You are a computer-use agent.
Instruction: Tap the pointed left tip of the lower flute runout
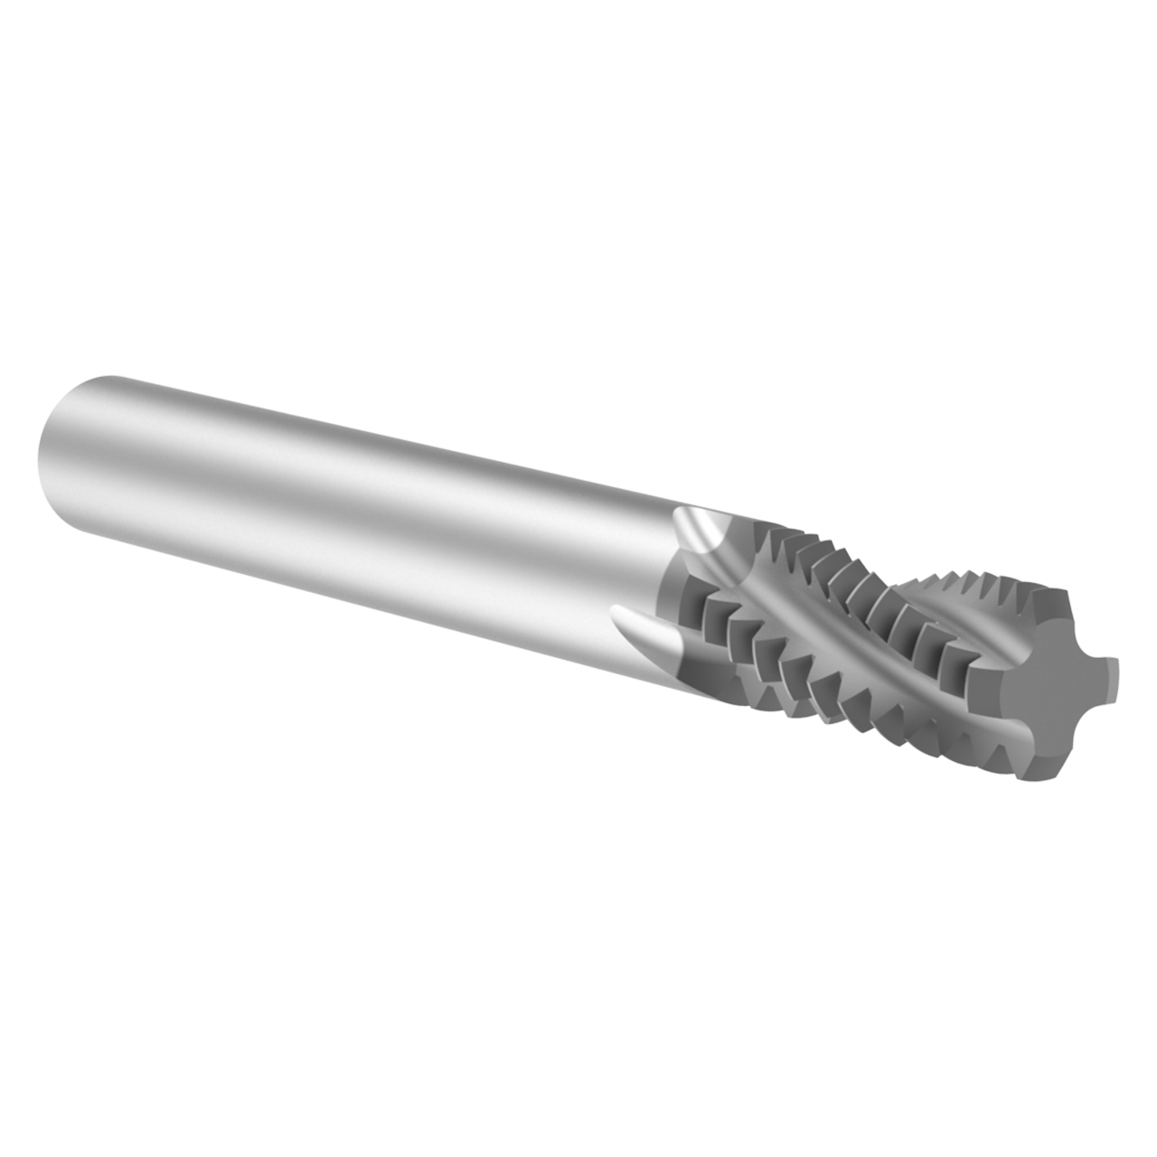tap(616, 614)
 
